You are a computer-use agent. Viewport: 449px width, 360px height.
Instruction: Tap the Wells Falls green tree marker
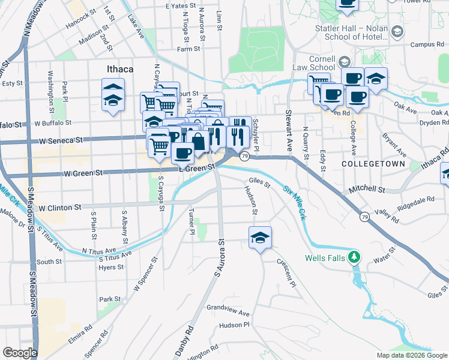point(355,258)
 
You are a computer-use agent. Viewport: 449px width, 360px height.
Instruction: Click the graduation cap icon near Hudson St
point(260,238)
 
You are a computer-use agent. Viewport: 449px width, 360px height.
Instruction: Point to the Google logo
point(20,353)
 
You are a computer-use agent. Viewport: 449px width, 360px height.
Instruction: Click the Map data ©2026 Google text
point(411,355)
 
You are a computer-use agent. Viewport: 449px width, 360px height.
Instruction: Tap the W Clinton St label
point(59,208)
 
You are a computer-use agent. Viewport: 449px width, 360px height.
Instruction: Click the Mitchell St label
point(368,189)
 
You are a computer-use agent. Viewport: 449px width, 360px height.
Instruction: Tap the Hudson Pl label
point(234,325)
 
